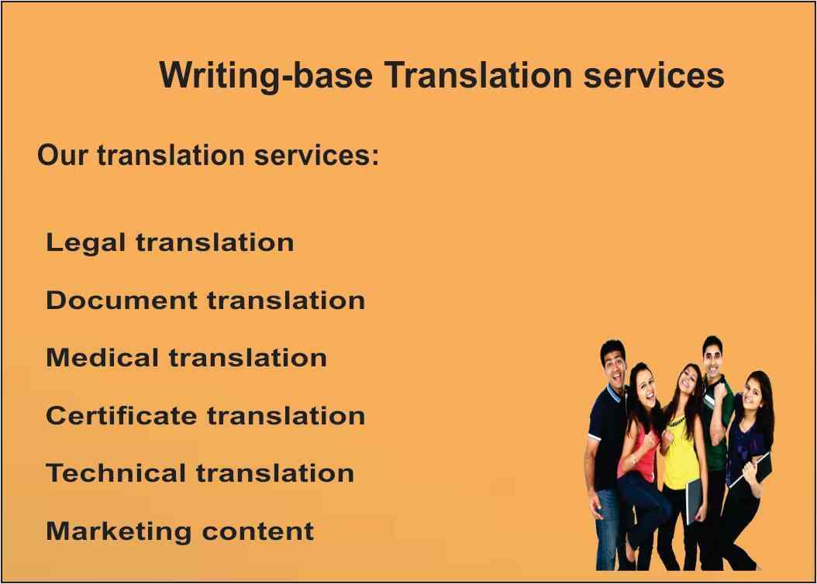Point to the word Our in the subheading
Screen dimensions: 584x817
[63, 155]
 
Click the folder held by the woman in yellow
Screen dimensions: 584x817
[694, 500]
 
